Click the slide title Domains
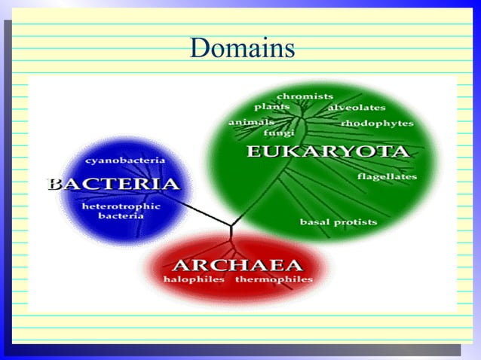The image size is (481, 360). click(241, 49)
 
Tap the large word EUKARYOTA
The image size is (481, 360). click(328, 151)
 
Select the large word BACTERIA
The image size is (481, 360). click(113, 184)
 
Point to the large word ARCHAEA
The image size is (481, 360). click(237, 264)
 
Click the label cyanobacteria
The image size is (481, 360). click(125, 160)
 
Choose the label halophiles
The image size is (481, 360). click(194, 279)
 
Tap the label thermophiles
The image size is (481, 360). click(274, 279)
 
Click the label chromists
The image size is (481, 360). click(305, 96)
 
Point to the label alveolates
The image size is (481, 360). click(356, 108)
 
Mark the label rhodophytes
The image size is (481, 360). click(377, 123)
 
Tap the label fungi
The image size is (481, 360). click(278, 133)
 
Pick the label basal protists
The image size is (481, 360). click(339, 222)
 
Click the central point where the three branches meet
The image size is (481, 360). click(231, 224)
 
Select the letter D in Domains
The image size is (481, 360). click(199, 49)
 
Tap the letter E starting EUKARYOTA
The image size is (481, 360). click(253, 151)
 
